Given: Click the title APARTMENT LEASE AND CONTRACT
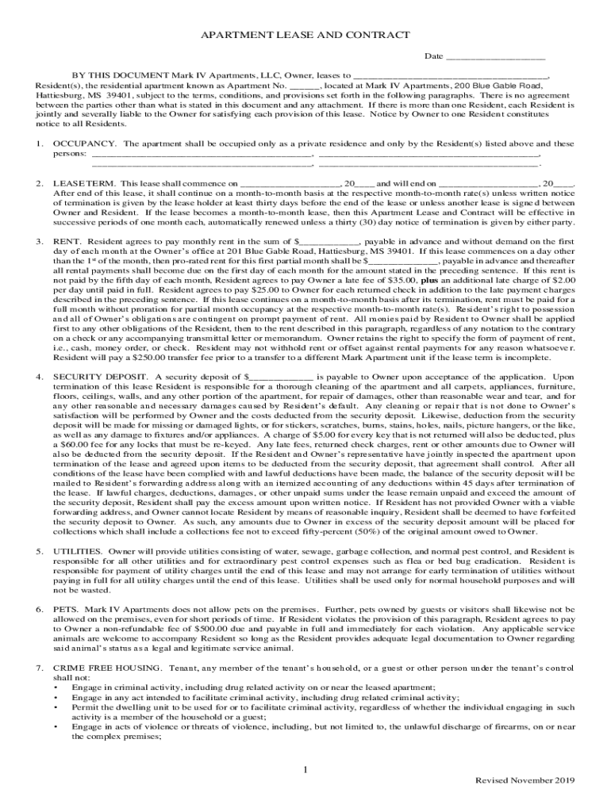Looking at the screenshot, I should tap(305, 35).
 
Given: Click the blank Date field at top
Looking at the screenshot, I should tap(495, 58).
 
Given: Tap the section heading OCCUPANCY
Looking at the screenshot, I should tap(85, 144).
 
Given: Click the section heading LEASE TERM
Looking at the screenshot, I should tap(83, 183).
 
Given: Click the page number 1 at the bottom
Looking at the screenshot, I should tap(305, 770).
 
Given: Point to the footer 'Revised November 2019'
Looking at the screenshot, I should tap(520, 780).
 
